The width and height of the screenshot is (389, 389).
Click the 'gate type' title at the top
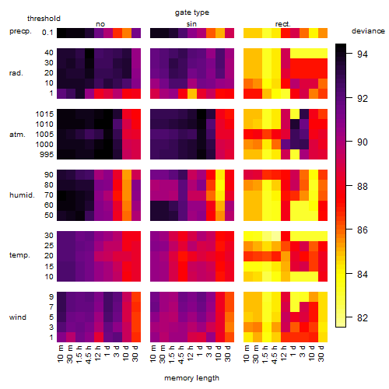pyautogui.click(x=192, y=12)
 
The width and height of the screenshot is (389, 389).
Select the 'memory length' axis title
pyautogui.click(x=191, y=378)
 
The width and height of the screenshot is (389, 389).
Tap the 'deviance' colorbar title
pyautogui.click(x=368, y=31)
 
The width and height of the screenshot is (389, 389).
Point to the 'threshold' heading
pyautogui.click(x=44, y=19)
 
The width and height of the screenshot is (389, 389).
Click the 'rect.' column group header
pyautogui.click(x=283, y=24)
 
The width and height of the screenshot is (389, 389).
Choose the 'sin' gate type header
pyautogui.click(x=191, y=24)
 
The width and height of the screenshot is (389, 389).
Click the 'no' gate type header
pyautogui.click(x=100, y=24)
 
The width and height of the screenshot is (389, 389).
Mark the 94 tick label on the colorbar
pyautogui.click(x=363, y=54)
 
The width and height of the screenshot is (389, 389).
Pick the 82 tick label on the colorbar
pyautogui.click(x=363, y=318)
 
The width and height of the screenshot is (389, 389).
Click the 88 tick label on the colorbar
pyautogui.click(x=363, y=186)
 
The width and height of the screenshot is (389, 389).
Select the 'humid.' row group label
pyautogui.click(x=22, y=195)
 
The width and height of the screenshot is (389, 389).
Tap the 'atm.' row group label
pyautogui.click(x=17, y=135)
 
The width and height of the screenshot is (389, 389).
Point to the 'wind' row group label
pyautogui.click(x=18, y=317)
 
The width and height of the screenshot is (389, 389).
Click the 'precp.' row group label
pyautogui.click(x=20, y=31)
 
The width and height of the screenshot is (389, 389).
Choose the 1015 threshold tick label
pyautogui.click(x=44, y=114)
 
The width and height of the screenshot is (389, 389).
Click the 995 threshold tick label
pyautogui.click(x=47, y=155)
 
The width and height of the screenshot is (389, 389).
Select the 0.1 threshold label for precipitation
pyautogui.click(x=47, y=33)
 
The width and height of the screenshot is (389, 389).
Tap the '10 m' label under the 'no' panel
pyautogui.click(x=60, y=353)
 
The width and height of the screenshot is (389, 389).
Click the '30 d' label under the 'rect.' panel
pyautogui.click(x=321, y=353)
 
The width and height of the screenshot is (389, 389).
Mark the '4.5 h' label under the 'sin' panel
pyautogui.click(x=181, y=354)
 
